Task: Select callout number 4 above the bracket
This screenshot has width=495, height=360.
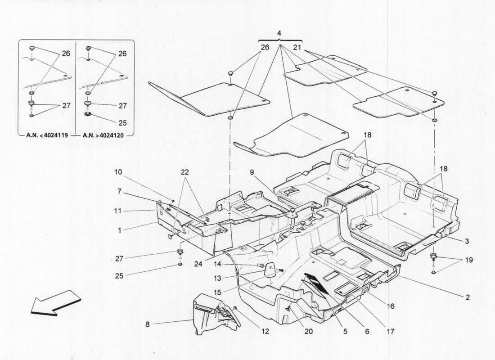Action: [279, 33]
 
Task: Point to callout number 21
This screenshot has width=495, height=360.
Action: [297, 47]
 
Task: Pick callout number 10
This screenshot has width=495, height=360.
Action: [118, 172]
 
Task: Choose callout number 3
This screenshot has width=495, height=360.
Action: [467, 241]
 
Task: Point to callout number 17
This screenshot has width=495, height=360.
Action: [390, 332]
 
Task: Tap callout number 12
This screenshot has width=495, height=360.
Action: [265, 332]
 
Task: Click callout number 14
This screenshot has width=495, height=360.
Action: [218, 264]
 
